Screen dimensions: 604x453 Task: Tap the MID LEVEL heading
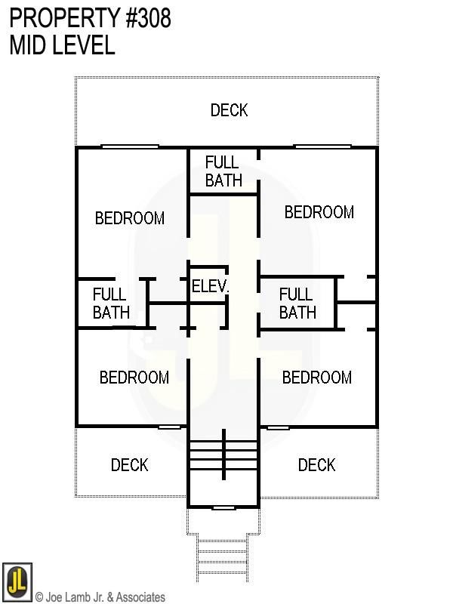tap(62, 45)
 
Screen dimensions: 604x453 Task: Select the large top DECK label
tap(229, 110)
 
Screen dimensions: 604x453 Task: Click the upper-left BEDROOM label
tap(130, 218)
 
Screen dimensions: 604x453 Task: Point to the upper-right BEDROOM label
tap(319, 212)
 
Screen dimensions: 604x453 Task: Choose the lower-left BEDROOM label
tap(134, 377)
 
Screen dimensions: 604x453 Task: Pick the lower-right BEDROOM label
tap(316, 377)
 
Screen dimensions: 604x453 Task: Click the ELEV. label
tap(210, 287)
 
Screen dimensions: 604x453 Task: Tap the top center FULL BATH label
tap(223, 171)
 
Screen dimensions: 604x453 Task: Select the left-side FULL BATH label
tap(111, 303)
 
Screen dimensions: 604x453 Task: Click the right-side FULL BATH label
tap(297, 303)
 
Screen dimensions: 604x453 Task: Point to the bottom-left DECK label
tap(130, 464)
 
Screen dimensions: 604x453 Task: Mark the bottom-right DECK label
tap(316, 464)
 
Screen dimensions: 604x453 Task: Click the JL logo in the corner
tap(17, 582)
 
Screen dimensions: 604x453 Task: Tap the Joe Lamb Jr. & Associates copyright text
tap(100, 597)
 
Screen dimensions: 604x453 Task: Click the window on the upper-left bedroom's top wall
tap(130, 146)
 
